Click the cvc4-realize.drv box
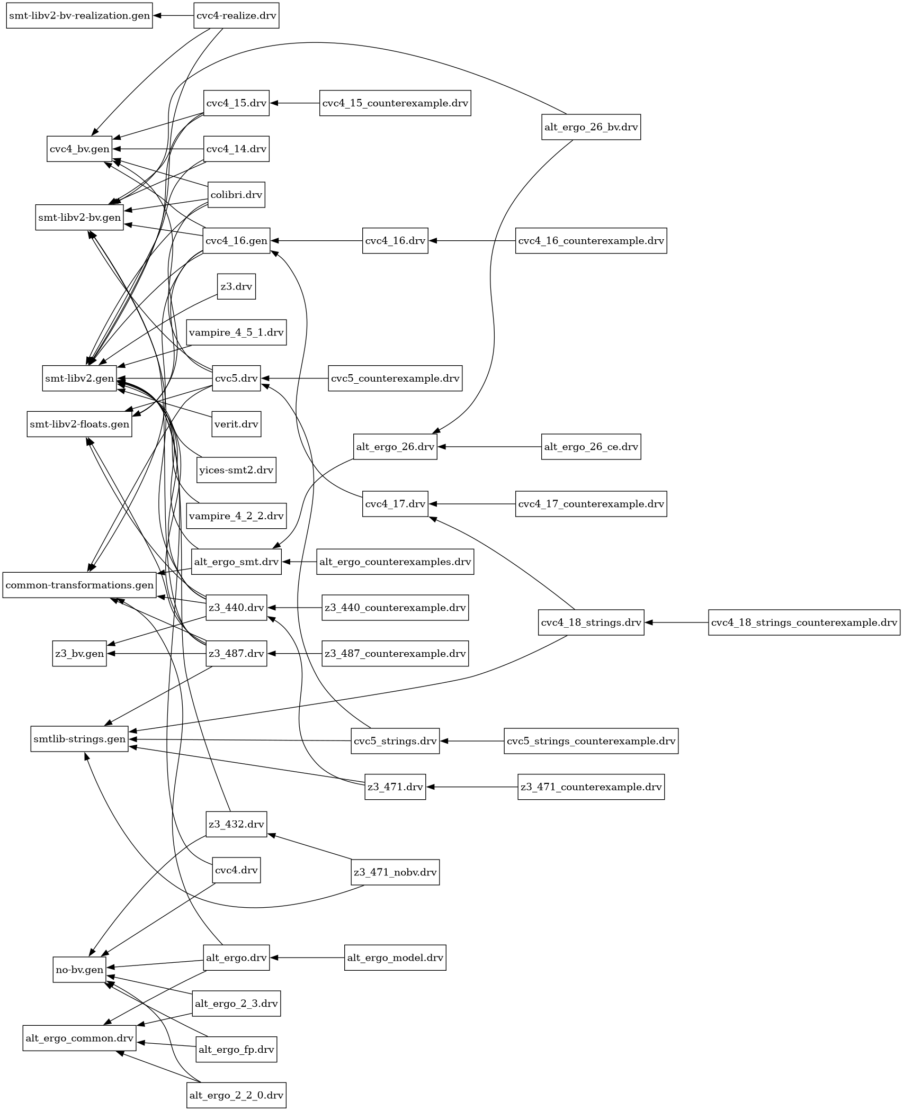[x=236, y=16]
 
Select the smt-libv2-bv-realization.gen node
[x=79, y=16]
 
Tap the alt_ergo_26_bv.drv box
[x=591, y=127]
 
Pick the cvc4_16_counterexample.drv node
[x=591, y=241]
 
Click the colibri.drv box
[x=236, y=195]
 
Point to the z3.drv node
[x=236, y=286]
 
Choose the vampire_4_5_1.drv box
[x=236, y=332]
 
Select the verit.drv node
[x=236, y=424]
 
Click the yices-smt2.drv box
[x=236, y=470]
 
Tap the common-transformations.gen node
[x=79, y=585]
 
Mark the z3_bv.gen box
[x=79, y=654]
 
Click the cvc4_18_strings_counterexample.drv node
[x=804, y=622]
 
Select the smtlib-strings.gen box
[x=79, y=739]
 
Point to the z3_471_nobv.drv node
[x=395, y=872]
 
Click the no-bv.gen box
[x=79, y=970]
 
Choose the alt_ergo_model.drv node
[x=395, y=958]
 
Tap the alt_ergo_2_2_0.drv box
[x=236, y=1095]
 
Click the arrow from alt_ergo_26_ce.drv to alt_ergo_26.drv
[x=489, y=447]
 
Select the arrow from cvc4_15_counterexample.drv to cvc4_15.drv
[x=294, y=103]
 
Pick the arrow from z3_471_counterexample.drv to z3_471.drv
[x=471, y=787]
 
